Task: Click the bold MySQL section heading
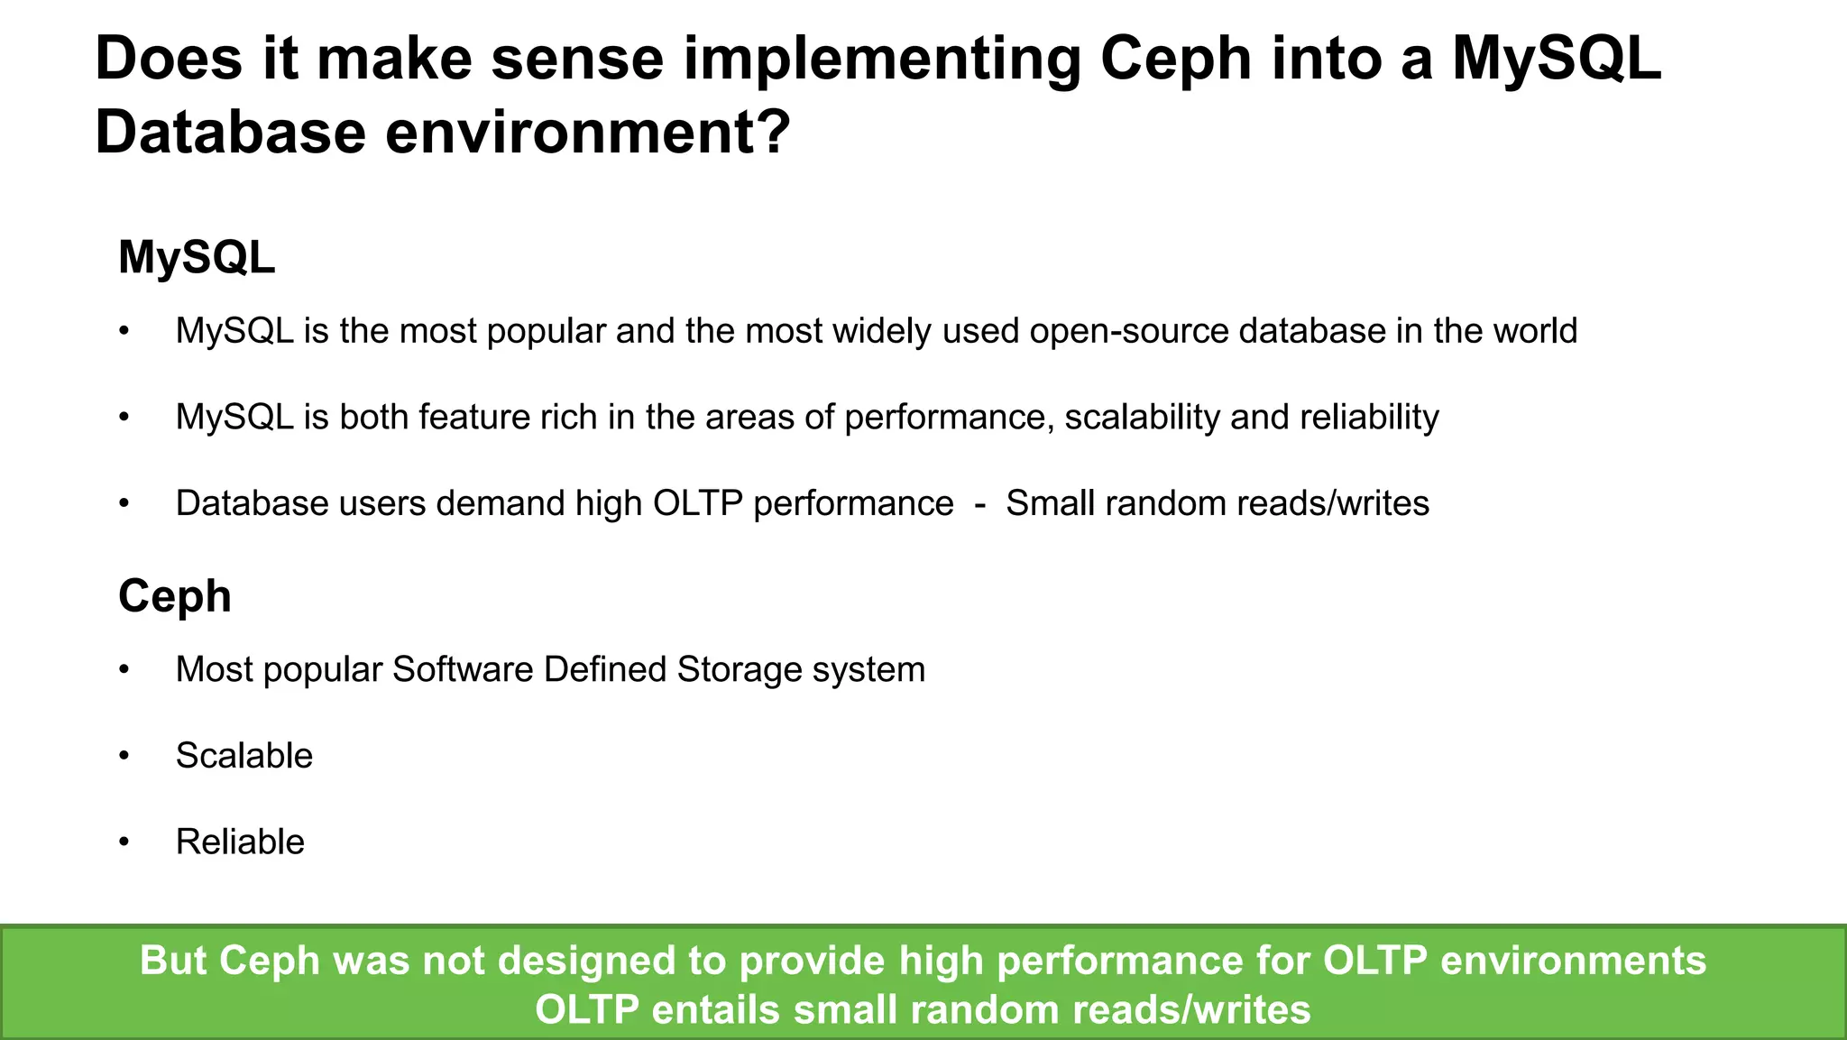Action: tap(197, 258)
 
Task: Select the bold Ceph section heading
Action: tap(175, 596)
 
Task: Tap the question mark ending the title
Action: tap(774, 132)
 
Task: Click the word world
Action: tap(1535, 331)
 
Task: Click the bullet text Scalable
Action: tap(244, 756)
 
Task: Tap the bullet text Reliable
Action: tap(240, 842)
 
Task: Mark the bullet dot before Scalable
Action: tap(124, 756)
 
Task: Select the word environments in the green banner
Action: tap(1573, 961)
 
